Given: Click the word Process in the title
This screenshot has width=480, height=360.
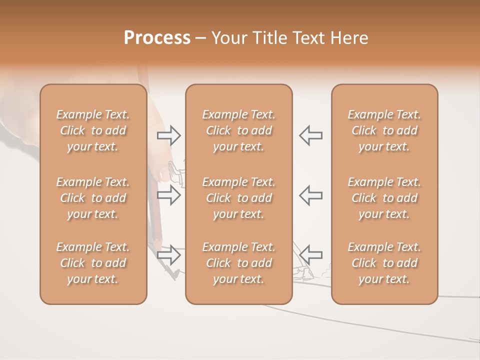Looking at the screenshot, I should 157,38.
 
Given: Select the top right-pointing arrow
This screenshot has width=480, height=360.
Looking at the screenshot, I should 169,135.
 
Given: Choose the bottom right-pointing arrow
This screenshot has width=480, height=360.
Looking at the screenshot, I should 169,254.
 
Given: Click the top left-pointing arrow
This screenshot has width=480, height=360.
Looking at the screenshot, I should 311,135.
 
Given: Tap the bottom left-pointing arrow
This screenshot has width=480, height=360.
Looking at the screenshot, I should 311,254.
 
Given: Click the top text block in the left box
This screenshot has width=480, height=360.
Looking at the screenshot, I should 93,130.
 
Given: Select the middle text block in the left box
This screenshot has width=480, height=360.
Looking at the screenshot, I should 93,198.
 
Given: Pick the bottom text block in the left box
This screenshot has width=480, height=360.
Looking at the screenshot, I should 93,263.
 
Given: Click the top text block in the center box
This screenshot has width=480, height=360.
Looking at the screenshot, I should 238,130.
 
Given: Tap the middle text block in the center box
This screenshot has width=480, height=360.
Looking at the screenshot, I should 238,198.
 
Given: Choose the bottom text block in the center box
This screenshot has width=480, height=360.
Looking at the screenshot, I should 238,263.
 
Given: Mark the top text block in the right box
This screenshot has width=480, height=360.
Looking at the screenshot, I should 384,130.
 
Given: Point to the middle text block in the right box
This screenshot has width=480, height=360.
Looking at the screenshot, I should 384,198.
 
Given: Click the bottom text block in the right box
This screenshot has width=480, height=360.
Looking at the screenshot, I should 384,263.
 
